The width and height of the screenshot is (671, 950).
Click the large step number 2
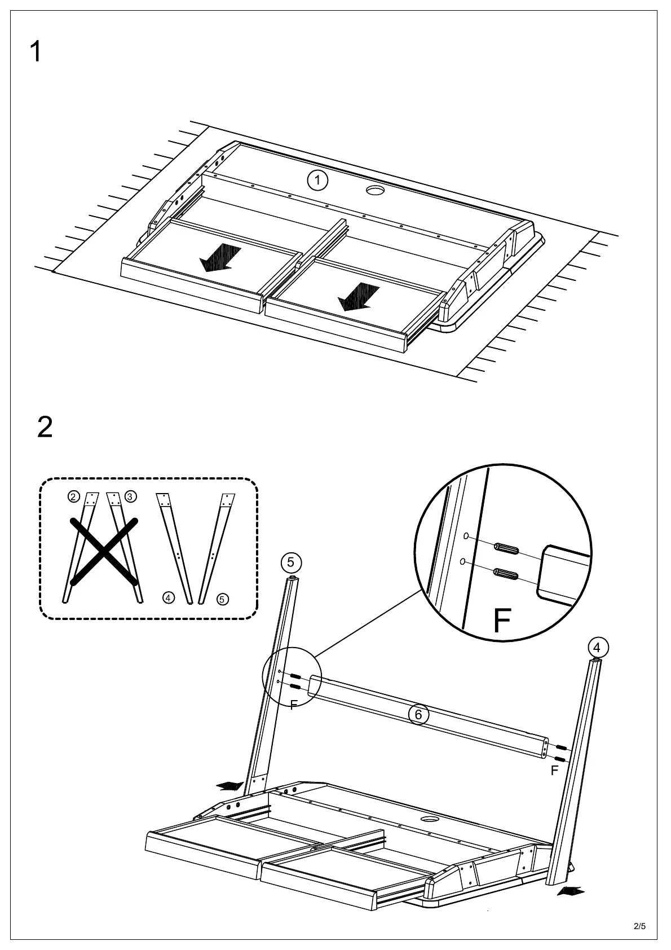[x=45, y=427]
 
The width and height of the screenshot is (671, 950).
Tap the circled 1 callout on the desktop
[x=318, y=181]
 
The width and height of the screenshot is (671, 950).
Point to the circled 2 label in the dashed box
[x=73, y=496]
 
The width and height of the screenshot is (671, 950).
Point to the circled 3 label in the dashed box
[x=130, y=496]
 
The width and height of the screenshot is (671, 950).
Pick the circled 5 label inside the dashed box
[x=223, y=599]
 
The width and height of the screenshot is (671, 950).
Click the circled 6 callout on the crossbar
[x=418, y=715]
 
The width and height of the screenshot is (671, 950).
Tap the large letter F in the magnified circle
[x=501, y=621]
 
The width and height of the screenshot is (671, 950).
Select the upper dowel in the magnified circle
[x=506, y=548]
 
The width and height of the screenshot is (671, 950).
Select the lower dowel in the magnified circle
[x=506, y=574]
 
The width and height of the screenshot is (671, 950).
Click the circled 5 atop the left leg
[x=290, y=562]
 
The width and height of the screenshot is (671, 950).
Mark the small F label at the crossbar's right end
[x=554, y=770]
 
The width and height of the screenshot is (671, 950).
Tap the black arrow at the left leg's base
[x=230, y=786]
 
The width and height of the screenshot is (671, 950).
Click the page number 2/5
[x=639, y=926]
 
